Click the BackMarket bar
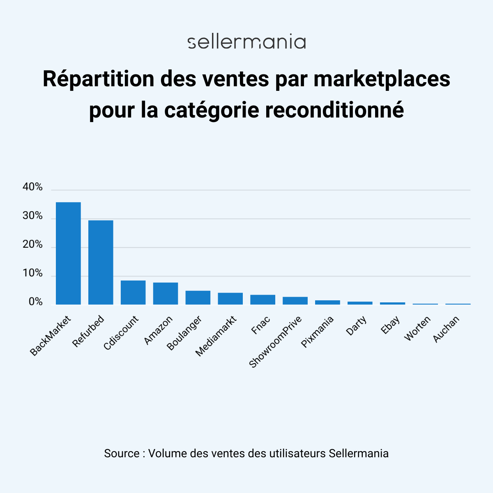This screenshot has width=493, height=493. pyautogui.click(x=68, y=253)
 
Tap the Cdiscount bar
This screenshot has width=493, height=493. pyautogui.click(x=133, y=292)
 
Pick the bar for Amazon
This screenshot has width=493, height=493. pyautogui.click(x=166, y=293)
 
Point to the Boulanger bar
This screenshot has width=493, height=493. pyautogui.click(x=198, y=297)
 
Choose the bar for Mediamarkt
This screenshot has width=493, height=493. pyautogui.click(x=230, y=298)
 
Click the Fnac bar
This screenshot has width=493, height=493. pyautogui.click(x=263, y=299)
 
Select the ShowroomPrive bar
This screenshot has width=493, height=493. pyautogui.click(x=295, y=300)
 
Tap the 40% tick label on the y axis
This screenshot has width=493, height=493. pyautogui.click(x=33, y=187)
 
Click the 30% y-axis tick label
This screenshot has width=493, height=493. pyautogui.click(x=33, y=216)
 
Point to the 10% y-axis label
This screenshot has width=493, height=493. pyautogui.click(x=33, y=273)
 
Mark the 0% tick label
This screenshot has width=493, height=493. pyautogui.click(x=36, y=302)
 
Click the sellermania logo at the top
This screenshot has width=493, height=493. pyautogui.click(x=246, y=42)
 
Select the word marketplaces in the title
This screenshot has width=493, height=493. pyautogui.click(x=382, y=79)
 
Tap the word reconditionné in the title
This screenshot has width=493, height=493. pyautogui.click(x=334, y=110)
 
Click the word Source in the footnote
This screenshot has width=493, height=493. pyautogui.click(x=122, y=453)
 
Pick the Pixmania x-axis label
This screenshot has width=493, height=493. pyautogui.click(x=317, y=332)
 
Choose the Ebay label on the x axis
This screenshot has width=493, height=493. pyautogui.click(x=390, y=325)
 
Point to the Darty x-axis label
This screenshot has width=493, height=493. pyautogui.click(x=356, y=326)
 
